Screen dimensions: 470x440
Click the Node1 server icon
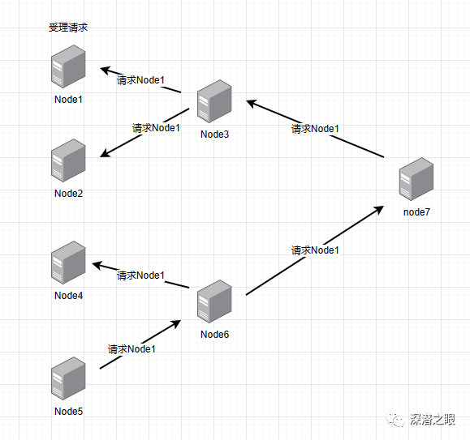(68, 66)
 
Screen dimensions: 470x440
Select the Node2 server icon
(68, 160)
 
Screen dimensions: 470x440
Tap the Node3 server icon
(214, 101)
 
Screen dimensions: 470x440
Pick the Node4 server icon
(68, 263)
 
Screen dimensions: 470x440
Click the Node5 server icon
(68, 378)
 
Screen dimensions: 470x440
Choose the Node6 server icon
(214, 301)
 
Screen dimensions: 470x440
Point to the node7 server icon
(416, 179)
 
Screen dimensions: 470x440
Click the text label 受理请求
(68, 28)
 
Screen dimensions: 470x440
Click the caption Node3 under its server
(214, 135)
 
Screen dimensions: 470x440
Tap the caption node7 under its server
(416, 212)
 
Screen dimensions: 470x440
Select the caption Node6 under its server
(214, 335)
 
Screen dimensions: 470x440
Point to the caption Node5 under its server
(69, 412)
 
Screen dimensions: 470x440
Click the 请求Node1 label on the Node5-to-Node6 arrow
(132, 349)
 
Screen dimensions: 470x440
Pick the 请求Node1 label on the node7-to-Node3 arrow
(315, 129)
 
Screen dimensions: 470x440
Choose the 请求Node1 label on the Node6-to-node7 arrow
(315, 250)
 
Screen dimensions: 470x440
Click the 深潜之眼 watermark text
(432, 420)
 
